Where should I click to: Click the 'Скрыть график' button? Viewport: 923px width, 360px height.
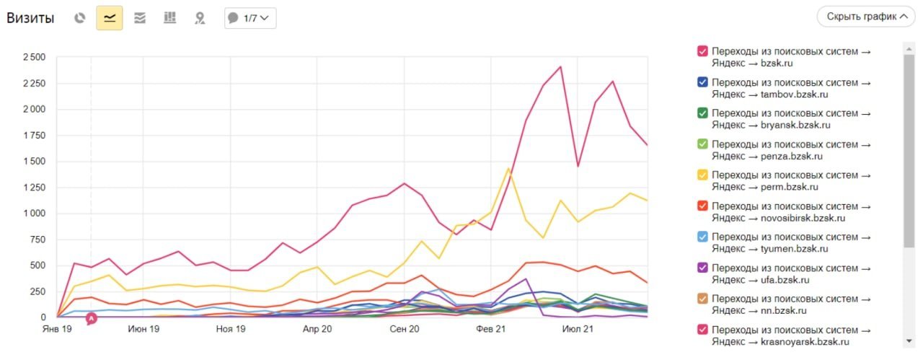[x=865, y=17]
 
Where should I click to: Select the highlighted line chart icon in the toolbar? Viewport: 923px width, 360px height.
[x=110, y=18]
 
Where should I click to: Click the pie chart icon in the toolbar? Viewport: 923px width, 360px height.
[x=80, y=18]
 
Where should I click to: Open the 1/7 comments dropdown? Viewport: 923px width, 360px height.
[x=250, y=18]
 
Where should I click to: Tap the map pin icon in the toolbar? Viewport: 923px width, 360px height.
[x=200, y=18]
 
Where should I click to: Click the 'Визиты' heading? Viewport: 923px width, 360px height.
[x=30, y=18]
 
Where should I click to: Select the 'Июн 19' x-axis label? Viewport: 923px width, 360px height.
[x=143, y=329]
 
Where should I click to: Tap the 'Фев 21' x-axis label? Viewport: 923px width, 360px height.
[x=493, y=329]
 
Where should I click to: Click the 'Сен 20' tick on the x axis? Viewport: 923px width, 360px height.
[x=405, y=329]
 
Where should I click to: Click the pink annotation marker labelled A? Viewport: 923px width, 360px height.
[x=91, y=318]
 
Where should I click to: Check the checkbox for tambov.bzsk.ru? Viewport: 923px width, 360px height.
[x=702, y=82]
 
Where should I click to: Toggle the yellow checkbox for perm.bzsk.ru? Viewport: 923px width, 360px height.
[x=702, y=175]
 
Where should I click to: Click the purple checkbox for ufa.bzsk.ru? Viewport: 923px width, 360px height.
[x=702, y=267]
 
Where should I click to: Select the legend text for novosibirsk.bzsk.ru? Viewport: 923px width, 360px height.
[x=791, y=211]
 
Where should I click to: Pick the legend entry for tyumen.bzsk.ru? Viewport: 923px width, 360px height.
[x=791, y=242]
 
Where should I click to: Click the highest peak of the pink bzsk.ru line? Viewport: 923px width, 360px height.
[x=560, y=67]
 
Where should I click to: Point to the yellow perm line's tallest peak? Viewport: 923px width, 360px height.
[x=508, y=169]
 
